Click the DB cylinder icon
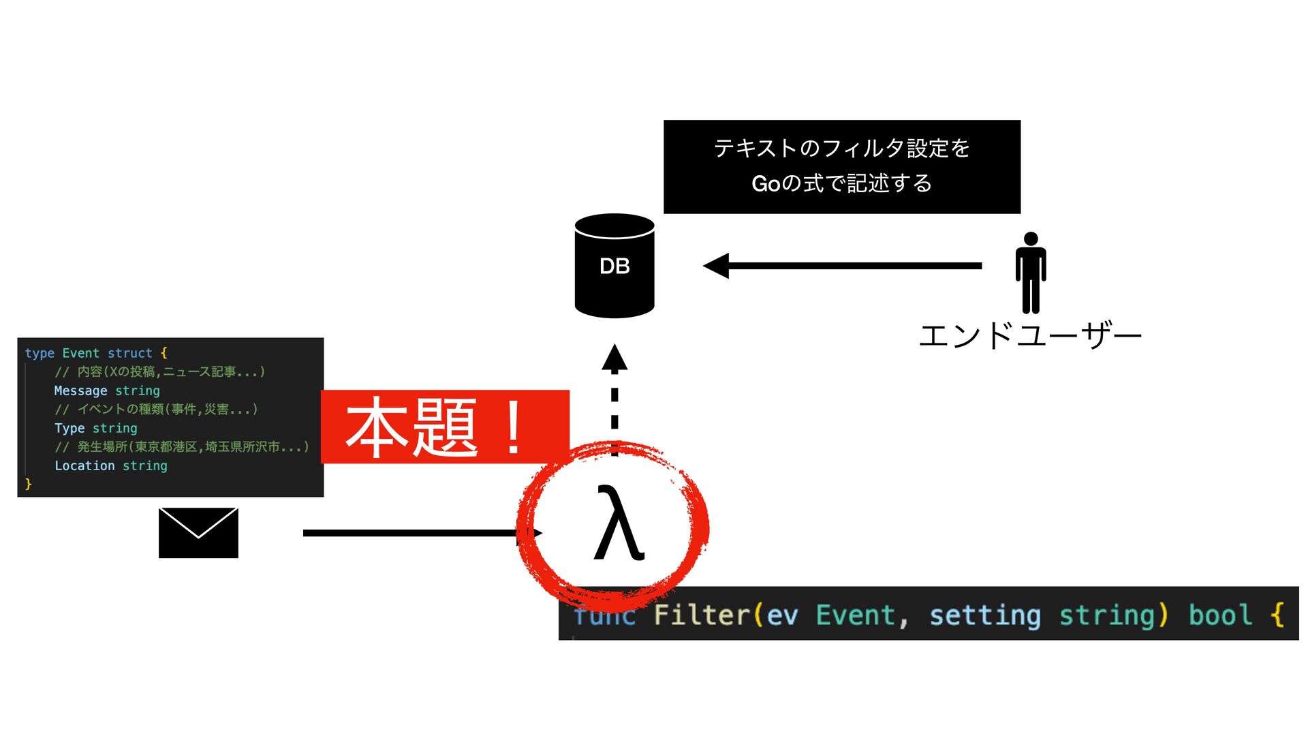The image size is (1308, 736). tap(614, 266)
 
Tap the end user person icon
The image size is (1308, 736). tap(1030, 273)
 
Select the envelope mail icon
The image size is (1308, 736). tap(198, 533)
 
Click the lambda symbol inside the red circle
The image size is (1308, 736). tap(618, 523)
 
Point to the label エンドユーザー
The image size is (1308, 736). tap(1029, 335)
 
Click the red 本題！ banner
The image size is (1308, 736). tap(444, 427)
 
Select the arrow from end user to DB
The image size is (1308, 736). tap(842, 266)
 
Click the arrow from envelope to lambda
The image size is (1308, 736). tap(416, 533)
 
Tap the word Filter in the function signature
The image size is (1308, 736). tap(702, 615)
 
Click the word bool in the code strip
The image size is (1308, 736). tap(1220, 615)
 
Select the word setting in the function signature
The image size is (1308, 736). tap(984, 615)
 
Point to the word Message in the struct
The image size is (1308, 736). tap(80, 390)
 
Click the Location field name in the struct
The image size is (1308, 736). tap(84, 465)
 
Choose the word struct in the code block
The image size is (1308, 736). tap(129, 353)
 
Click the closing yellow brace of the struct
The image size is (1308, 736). tap(29, 484)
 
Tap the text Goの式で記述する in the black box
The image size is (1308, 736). tap(841, 183)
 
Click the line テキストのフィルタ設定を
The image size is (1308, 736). tap(841, 148)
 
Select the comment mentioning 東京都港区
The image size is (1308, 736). tap(182, 447)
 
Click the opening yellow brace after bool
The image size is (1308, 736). tap(1277, 615)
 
